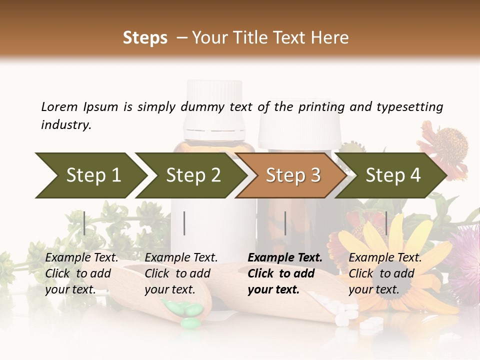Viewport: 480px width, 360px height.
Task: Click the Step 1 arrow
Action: pos(90,175)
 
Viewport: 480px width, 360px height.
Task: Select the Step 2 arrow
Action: pos(192,175)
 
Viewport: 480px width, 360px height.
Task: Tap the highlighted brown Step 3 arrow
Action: pos(292,175)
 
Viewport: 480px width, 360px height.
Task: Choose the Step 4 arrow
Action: pos(392,175)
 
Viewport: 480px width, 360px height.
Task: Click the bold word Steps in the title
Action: pos(145,38)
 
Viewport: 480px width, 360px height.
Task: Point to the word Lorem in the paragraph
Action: pos(59,107)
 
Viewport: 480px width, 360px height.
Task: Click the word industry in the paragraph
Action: pos(66,125)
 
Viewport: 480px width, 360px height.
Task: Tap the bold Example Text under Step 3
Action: pos(285,258)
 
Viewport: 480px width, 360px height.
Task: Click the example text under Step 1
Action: pos(81,273)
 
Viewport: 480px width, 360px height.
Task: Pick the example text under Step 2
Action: pos(181,273)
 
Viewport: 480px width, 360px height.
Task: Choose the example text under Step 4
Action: pos(385,273)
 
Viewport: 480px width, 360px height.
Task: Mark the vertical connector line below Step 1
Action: pos(84,223)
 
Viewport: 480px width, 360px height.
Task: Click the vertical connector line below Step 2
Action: pos(184,223)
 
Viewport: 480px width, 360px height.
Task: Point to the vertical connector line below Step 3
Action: pos(285,223)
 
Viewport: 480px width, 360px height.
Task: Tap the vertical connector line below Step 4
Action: pos(386,223)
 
